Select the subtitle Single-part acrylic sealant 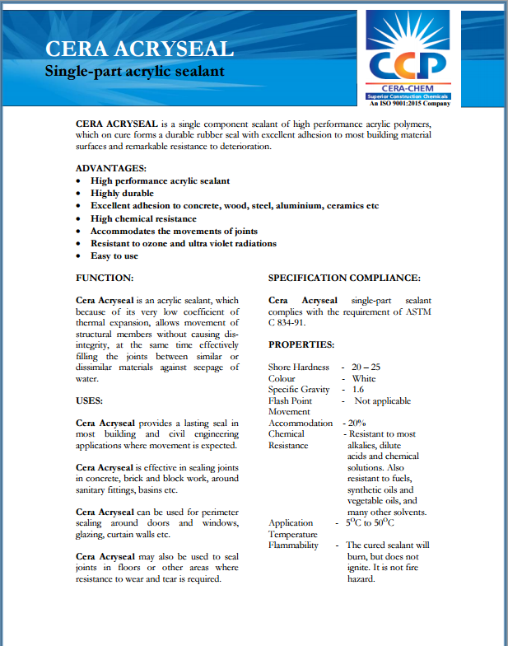coord(134,72)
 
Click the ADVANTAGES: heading coord(111,168)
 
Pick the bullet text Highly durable coord(122,193)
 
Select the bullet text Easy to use coord(114,255)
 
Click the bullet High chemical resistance coord(143,218)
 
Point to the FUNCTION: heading coord(105,279)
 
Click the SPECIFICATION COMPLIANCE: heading coord(344,279)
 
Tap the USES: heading coord(90,400)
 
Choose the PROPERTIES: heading coord(301,344)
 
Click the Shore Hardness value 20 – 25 coord(366,367)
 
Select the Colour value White coord(363,378)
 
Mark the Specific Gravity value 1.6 coord(358,389)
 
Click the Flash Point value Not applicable coord(382,400)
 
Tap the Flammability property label coord(293,545)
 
